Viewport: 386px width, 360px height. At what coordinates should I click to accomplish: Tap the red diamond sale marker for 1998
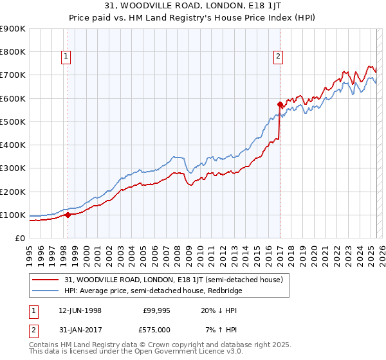[x=68, y=215]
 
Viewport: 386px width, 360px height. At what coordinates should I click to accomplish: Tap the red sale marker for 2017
[x=280, y=104]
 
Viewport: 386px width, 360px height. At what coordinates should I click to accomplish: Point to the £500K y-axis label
[x=13, y=122]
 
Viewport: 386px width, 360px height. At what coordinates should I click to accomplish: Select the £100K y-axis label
[x=13, y=215]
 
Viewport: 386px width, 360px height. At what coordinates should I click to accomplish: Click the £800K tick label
[x=13, y=52]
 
